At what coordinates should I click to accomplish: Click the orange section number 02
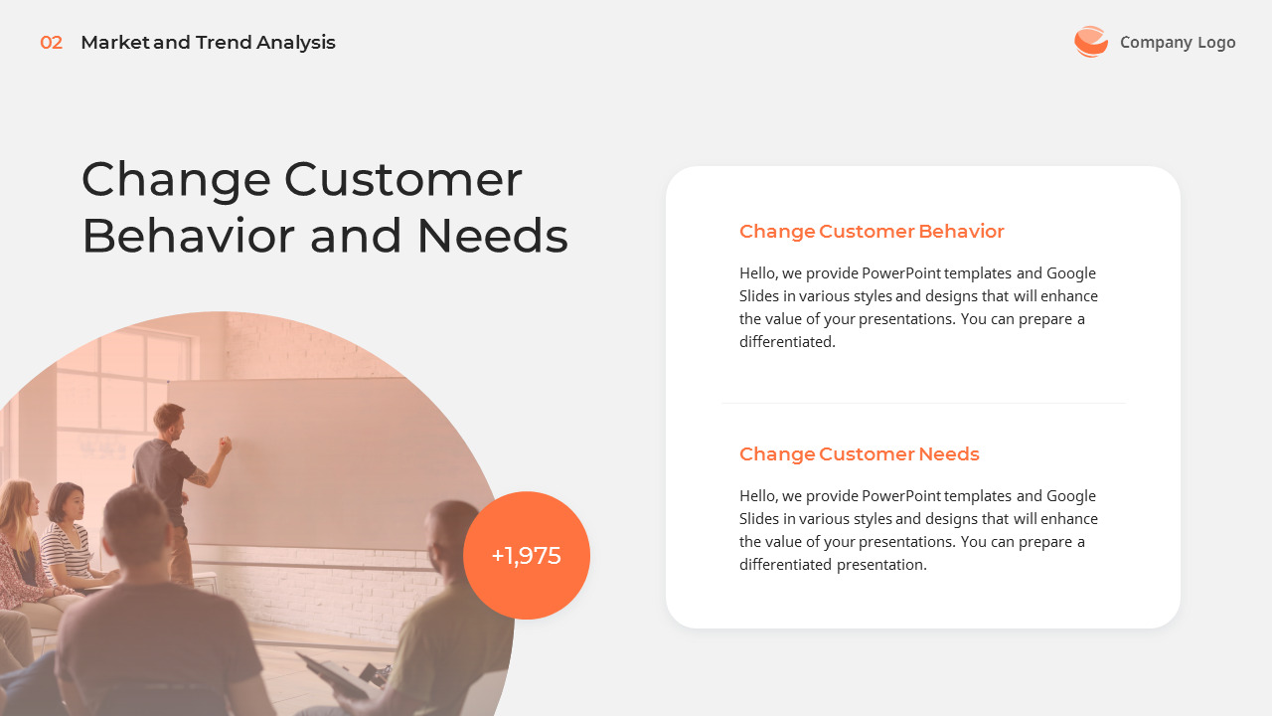click(x=51, y=43)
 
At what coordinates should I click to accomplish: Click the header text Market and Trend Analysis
click(x=208, y=43)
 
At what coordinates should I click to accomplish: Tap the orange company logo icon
click(x=1090, y=42)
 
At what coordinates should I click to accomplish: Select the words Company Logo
click(x=1178, y=42)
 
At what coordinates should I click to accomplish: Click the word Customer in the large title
click(x=402, y=180)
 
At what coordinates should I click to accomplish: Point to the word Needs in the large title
click(x=492, y=237)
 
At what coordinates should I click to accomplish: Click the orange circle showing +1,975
click(x=527, y=556)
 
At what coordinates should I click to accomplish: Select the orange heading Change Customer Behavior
click(x=872, y=232)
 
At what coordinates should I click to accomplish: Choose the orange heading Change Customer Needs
click(x=859, y=454)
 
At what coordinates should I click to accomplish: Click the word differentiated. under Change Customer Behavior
click(x=787, y=342)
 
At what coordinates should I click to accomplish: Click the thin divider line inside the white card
click(x=922, y=403)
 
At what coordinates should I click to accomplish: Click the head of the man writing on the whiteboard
click(x=170, y=419)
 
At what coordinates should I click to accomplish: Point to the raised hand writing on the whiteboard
click(x=225, y=445)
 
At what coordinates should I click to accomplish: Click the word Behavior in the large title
click(x=188, y=237)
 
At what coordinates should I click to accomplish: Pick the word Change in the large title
click(x=176, y=180)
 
